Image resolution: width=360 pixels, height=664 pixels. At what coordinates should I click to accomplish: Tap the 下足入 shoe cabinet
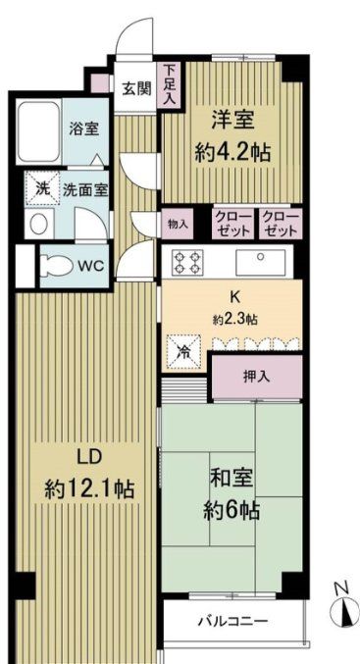(171, 84)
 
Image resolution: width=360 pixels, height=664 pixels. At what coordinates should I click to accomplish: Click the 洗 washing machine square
(42, 187)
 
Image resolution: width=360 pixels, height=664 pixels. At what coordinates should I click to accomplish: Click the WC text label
(90, 265)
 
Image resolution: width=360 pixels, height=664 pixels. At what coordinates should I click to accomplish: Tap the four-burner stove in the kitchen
(188, 262)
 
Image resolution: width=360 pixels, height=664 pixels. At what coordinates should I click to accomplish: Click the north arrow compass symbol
(343, 609)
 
